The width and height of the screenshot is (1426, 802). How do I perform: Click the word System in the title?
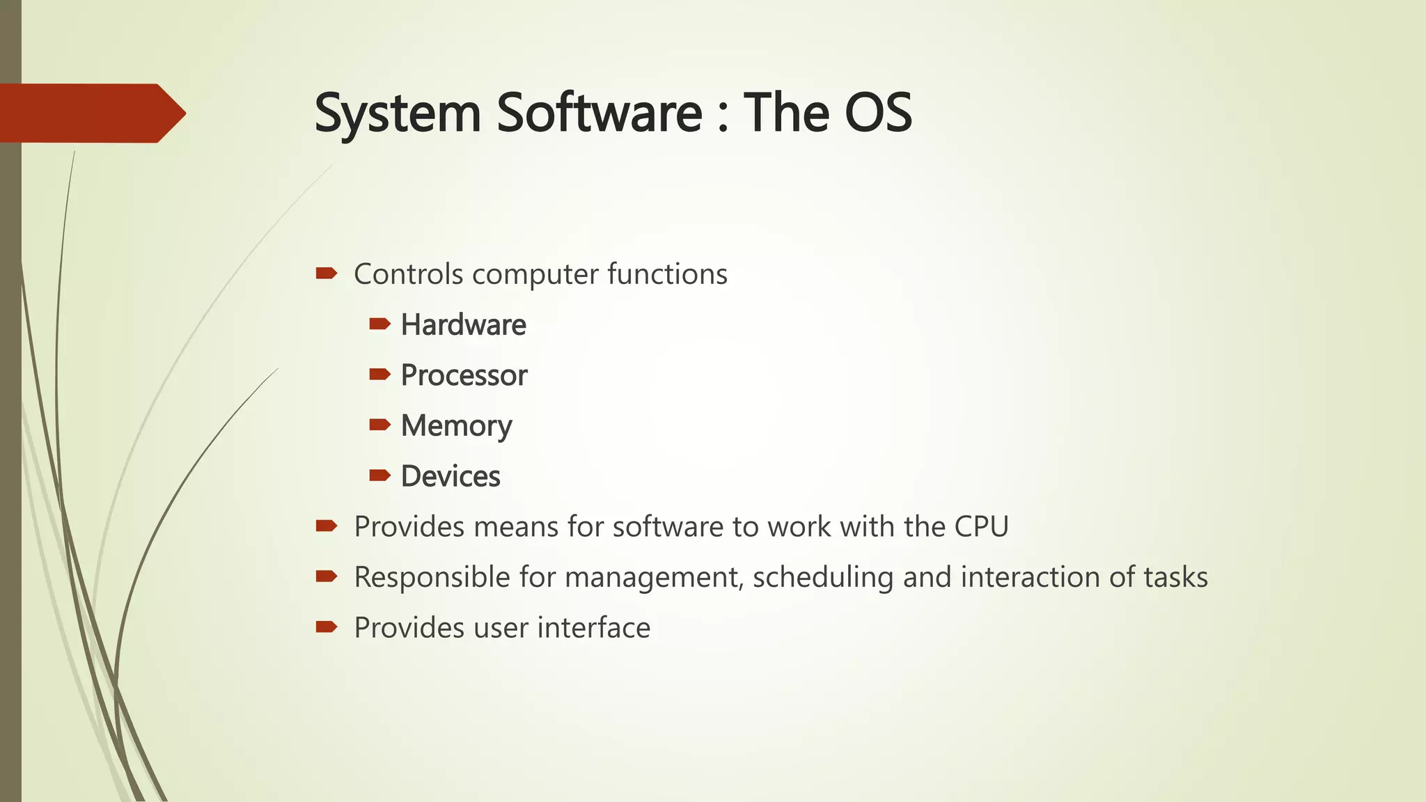(398, 113)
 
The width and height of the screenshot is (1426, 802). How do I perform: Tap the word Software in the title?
(599, 113)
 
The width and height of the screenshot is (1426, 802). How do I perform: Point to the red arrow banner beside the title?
(91, 113)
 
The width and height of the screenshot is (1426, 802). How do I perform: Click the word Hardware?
(463, 325)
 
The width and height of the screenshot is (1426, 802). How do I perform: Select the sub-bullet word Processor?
(464, 376)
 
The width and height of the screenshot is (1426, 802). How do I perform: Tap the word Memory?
(456, 426)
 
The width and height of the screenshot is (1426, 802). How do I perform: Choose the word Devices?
(450, 477)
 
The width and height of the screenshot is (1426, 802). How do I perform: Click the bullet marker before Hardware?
(379, 324)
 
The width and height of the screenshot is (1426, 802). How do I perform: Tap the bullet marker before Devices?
(379, 475)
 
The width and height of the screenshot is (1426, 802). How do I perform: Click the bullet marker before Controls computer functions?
(326, 273)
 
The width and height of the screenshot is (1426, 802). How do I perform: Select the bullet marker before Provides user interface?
(326, 627)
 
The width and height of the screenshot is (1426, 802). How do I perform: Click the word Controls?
(408, 274)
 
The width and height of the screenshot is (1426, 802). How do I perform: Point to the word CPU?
(981, 527)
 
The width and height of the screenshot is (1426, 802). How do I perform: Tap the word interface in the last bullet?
(593, 628)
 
